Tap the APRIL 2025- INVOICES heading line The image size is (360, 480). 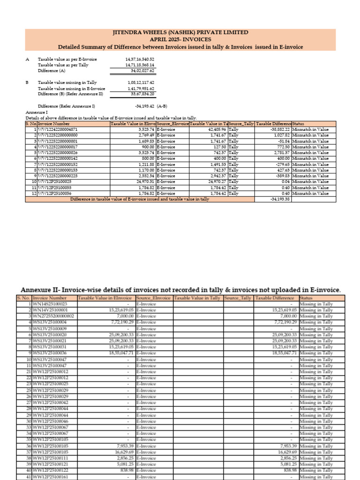pos(180,39)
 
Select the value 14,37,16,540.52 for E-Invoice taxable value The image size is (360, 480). pos(139,60)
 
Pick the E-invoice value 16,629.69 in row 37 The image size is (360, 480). pos(118,452)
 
